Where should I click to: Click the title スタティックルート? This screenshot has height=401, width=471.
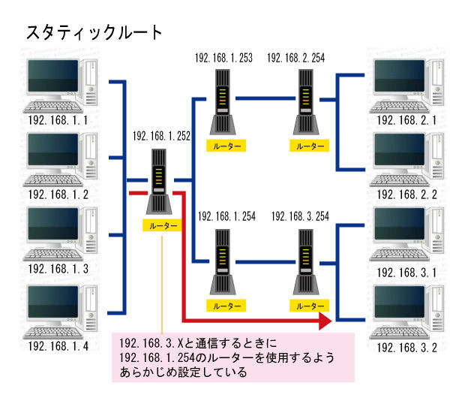tap(94, 32)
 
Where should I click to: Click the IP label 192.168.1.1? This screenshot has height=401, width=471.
tap(58, 121)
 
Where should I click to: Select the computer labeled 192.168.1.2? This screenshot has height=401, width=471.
tap(60, 160)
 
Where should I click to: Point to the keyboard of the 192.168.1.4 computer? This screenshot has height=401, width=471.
tap(52, 332)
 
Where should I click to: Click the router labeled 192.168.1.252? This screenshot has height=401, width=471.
tap(159, 182)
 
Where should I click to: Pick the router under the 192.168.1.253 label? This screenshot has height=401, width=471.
tap(223, 102)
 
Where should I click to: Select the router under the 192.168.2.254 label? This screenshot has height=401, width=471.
tap(306, 102)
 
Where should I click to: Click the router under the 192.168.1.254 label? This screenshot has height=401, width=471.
tap(223, 262)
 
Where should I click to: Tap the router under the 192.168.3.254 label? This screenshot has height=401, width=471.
tap(306, 262)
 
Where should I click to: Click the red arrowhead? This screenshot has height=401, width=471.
tap(325, 321)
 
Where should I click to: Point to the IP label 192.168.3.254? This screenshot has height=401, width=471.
tap(300, 216)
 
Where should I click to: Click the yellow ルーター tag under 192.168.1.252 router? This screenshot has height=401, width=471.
tap(162, 225)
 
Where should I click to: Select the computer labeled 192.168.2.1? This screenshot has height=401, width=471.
tap(406, 86)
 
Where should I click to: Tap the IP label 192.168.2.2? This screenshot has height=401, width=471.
tap(406, 194)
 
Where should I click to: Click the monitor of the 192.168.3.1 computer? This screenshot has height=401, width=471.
tap(400, 226)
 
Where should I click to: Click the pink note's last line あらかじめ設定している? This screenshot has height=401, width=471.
tap(183, 372)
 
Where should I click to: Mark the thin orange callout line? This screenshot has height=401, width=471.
tap(162, 285)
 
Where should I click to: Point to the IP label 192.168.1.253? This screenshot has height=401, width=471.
tap(223, 58)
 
